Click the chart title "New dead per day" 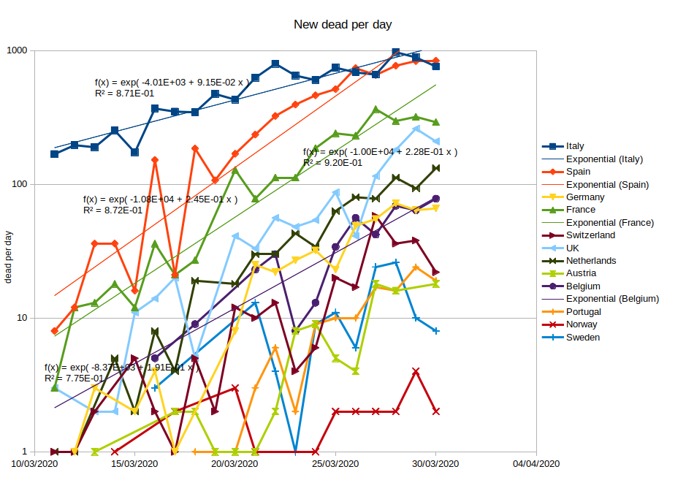point(343,24)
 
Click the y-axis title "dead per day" point(9,256)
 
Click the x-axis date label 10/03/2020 point(34,464)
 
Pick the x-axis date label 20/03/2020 point(235,464)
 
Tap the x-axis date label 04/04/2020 point(536,464)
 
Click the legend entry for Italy point(575,146)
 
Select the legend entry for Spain point(578,172)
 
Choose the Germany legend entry point(584,197)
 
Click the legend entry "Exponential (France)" point(609,223)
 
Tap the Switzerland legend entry point(590,235)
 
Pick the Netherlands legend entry point(591,261)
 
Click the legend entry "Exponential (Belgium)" point(612,299)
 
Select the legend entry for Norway point(582,324)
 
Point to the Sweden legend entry point(583,338)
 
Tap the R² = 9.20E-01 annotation point(332,163)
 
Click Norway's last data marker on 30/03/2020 point(436,411)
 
